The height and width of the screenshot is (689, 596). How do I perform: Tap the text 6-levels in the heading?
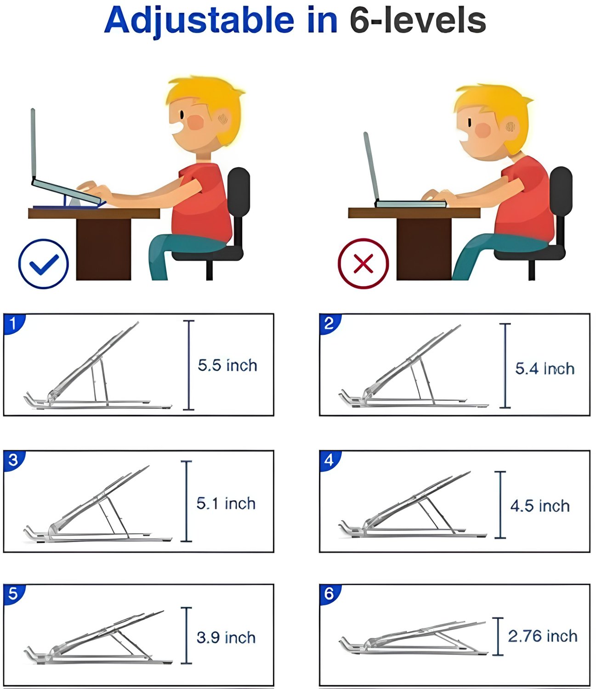[x=418, y=21]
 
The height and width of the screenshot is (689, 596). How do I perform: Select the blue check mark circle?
[x=43, y=264]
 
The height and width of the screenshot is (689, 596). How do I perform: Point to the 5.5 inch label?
[x=227, y=365]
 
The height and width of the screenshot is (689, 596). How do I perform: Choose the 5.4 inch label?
[x=545, y=369]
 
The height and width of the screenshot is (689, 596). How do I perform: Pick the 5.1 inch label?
[x=226, y=503]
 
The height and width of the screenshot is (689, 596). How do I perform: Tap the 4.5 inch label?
[x=540, y=506]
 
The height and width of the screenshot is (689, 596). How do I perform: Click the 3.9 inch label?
[x=226, y=638]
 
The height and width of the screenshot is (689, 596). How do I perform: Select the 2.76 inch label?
[x=543, y=636]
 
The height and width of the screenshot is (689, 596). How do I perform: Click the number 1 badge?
[x=13, y=323]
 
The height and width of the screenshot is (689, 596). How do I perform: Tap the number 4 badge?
[x=329, y=461]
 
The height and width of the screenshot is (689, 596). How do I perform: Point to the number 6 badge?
[x=329, y=594]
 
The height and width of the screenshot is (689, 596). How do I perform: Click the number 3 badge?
[x=13, y=461]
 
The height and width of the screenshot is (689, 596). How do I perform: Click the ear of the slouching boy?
[x=510, y=127]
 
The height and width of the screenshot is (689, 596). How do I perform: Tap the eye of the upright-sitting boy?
[x=182, y=115]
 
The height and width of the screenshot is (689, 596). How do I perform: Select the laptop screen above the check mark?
[x=33, y=144]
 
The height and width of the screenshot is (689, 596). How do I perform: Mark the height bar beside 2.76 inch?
[x=498, y=636]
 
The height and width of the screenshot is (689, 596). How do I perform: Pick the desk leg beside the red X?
[x=424, y=248]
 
